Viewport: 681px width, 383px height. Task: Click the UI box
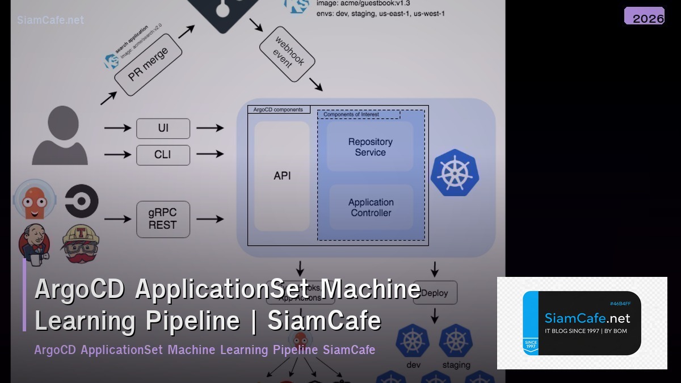tap(163, 128)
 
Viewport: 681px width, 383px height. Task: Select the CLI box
tap(163, 155)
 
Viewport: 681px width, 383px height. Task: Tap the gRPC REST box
tap(163, 219)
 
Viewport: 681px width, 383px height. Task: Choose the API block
tap(282, 176)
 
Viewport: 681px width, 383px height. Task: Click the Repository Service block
tap(370, 147)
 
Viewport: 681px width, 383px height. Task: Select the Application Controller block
tap(371, 208)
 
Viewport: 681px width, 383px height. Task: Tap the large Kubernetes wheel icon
tap(455, 173)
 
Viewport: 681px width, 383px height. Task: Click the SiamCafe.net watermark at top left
tap(51, 20)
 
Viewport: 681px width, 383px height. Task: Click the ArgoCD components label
tap(278, 110)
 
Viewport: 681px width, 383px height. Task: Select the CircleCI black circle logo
tap(81, 201)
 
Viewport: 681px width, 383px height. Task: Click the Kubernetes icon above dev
tap(413, 340)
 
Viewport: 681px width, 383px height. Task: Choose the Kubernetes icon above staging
tap(456, 340)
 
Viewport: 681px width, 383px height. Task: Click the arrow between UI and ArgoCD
tap(210, 128)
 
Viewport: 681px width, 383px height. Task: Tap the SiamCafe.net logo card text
tap(587, 318)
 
